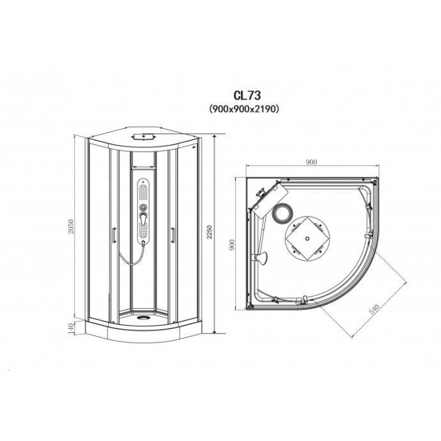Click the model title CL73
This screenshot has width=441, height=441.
pyautogui.click(x=247, y=95)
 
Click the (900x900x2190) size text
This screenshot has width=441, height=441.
pyautogui.click(x=244, y=109)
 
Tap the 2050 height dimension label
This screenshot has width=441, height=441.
pyautogui.click(x=71, y=227)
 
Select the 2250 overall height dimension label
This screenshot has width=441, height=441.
pyautogui.click(x=209, y=232)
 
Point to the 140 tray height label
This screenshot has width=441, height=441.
pyautogui.click(x=71, y=328)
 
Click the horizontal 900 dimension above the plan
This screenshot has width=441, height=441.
pyautogui.click(x=311, y=162)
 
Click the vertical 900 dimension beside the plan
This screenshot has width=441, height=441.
pyautogui.click(x=232, y=245)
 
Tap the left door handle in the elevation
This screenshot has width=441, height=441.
pyautogui.click(x=114, y=235)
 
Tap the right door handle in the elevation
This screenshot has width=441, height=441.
pyautogui.click(x=173, y=235)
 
